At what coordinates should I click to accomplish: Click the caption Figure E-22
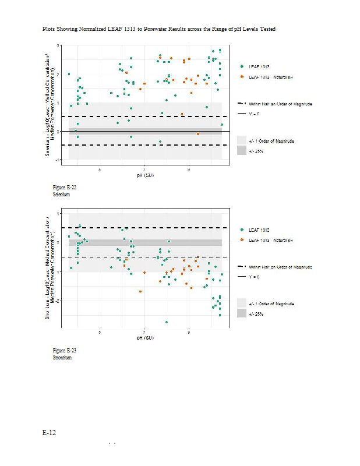point(64,188)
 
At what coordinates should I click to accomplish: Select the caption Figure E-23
point(64,351)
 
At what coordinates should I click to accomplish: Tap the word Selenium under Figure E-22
point(61,195)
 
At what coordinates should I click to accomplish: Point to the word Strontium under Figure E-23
point(62,358)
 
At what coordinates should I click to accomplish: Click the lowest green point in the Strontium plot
point(167,322)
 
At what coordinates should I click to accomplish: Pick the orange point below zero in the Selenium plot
point(198,134)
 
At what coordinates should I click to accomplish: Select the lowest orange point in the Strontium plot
point(140,291)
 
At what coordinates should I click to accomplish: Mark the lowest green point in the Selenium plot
point(160,142)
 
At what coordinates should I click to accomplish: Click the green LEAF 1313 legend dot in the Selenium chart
point(242,66)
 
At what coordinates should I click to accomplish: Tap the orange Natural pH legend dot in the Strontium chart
point(242,240)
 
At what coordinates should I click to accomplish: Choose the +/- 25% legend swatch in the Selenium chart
point(242,151)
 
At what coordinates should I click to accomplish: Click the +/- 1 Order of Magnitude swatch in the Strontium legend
point(242,303)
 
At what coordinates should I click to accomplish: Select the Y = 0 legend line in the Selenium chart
point(242,114)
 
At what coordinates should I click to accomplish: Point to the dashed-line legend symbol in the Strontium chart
point(242,267)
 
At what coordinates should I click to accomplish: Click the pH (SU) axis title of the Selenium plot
point(144,175)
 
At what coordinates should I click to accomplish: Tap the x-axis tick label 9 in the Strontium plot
point(189,332)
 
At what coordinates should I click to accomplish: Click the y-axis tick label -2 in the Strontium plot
point(58,301)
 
